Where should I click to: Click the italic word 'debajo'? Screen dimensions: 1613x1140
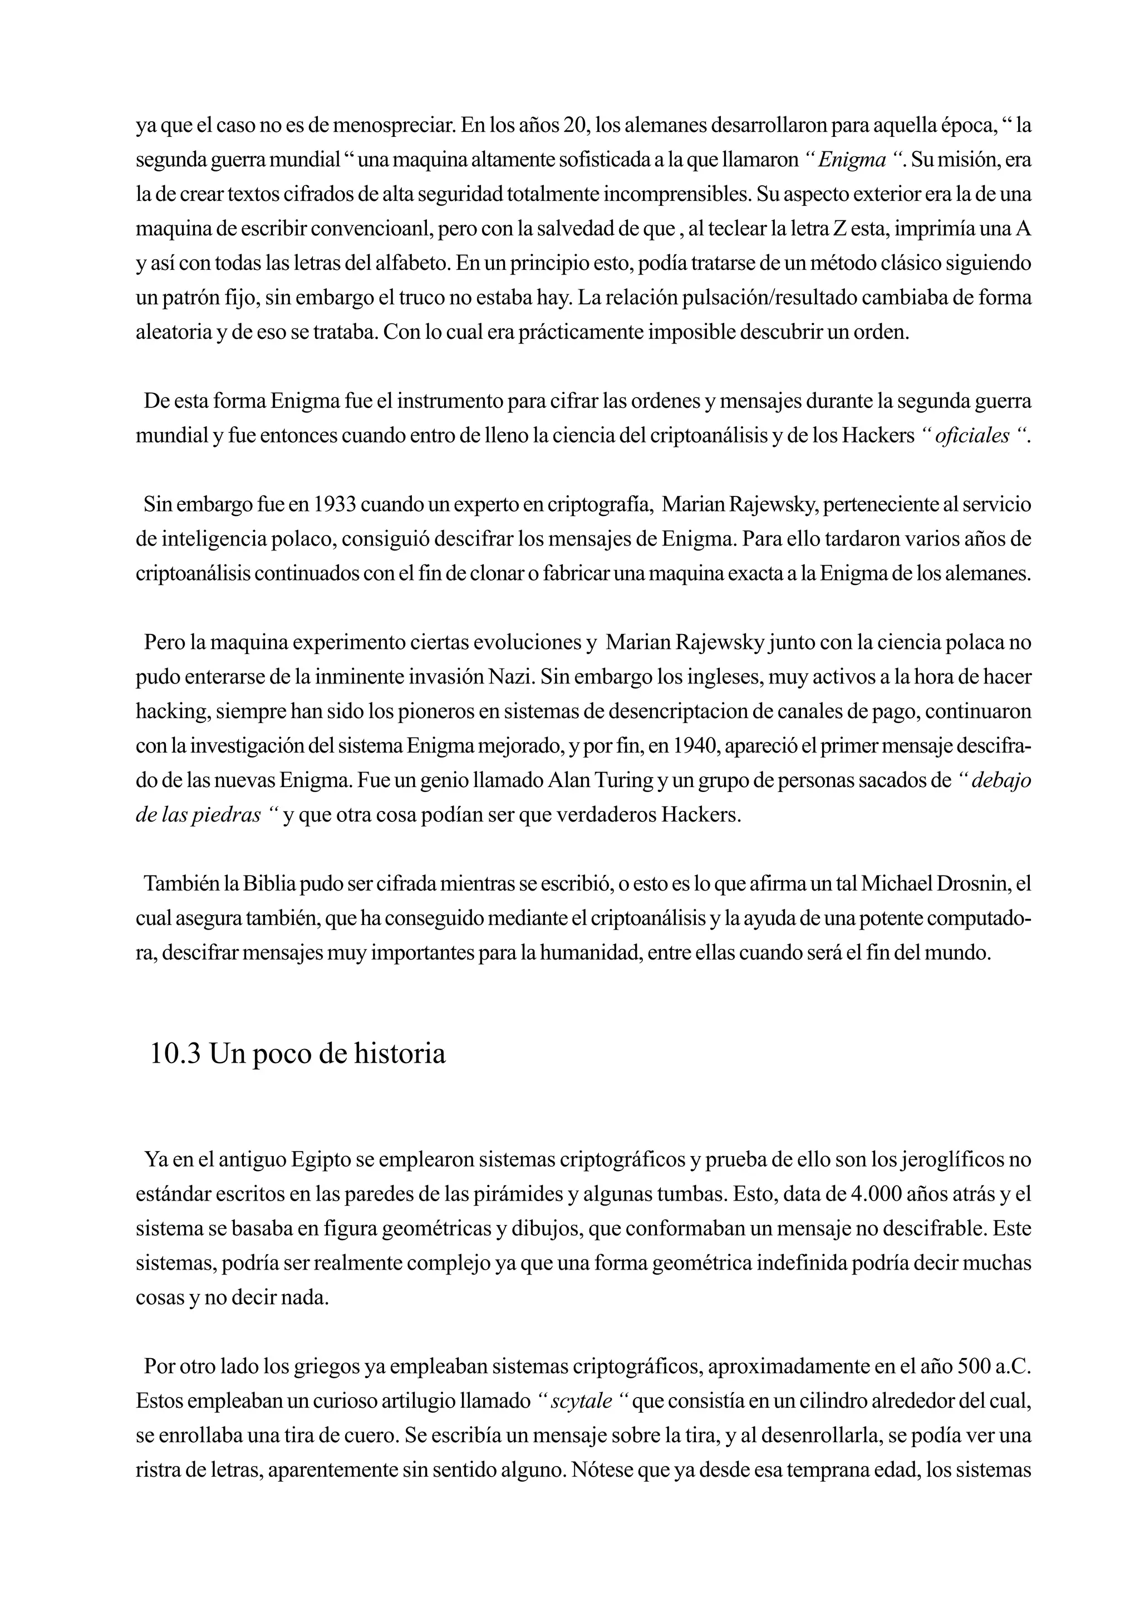pos(1000,780)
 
